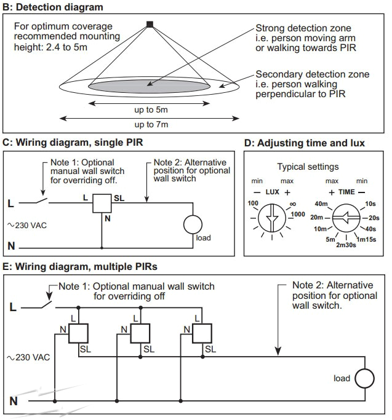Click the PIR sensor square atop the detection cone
pyautogui.click(x=149, y=25)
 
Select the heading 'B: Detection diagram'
pyautogui.click(x=53, y=7)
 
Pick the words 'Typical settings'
pyautogui.click(x=308, y=167)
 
